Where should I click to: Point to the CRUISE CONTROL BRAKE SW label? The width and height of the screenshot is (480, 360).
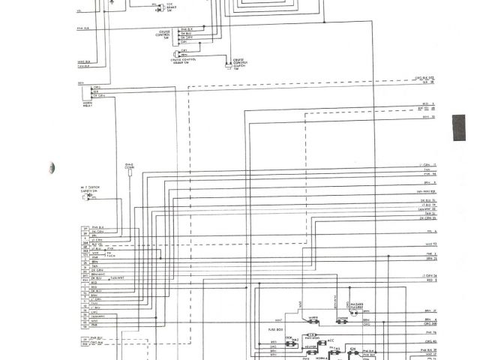193,61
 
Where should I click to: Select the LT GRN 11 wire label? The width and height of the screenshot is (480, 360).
424,163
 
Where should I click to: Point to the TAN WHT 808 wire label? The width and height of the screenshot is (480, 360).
424,192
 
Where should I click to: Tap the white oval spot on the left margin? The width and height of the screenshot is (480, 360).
49,165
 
